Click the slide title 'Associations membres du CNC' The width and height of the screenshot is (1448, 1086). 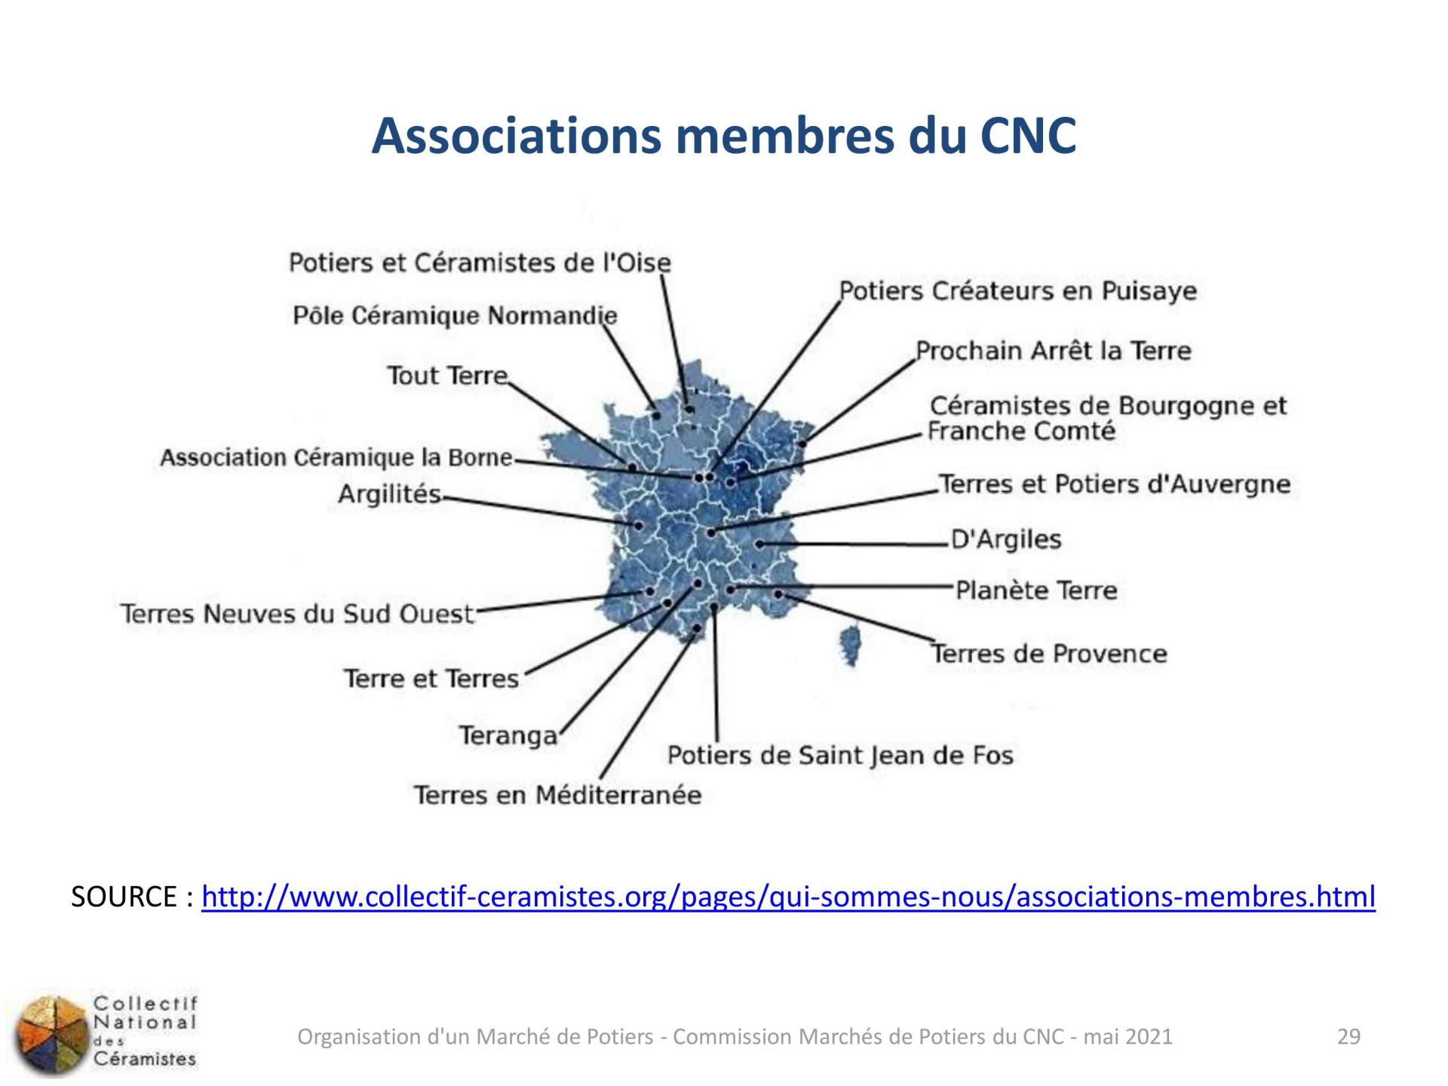(x=723, y=136)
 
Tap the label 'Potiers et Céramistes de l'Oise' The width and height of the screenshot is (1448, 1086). (x=480, y=262)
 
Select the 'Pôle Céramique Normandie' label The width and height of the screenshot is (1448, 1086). (x=455, y=315)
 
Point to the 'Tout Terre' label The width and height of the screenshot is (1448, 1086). (x=448, y=375)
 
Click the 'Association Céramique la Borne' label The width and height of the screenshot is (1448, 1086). (x=336, y=458)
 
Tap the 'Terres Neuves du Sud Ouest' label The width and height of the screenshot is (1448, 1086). (x=298, y=614)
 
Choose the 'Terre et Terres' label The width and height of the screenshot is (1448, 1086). (x=431, y=679)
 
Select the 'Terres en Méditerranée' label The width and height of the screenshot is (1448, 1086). (x=557, y=795)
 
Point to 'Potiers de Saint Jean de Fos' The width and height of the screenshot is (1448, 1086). (x=840, y=755)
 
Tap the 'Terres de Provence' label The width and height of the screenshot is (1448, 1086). (x=1049, y=653)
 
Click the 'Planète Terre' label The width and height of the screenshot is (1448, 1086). (x=1036, y=590)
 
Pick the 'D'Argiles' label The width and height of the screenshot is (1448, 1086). (x=1006, y=539)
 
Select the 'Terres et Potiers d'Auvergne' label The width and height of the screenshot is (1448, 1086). (x=1115, y=484)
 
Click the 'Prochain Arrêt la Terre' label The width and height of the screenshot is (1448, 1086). (x=1054, y=351)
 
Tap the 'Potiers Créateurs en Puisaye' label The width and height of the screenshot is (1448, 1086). (x=1018, y=291)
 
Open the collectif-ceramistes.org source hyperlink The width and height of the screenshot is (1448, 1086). (x=789, y=897)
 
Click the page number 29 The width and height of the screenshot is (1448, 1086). (x=1348, y=1037)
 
